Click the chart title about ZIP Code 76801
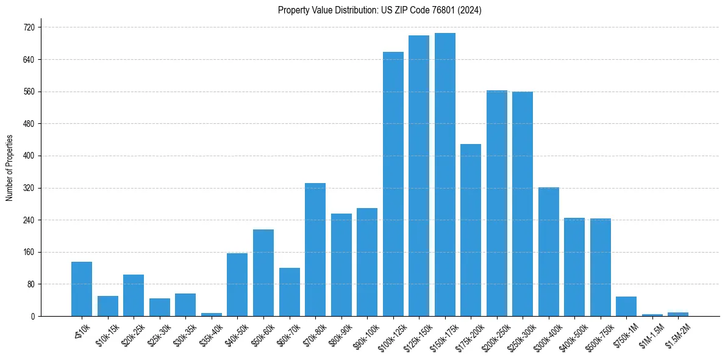point(379,10)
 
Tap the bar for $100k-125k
point(393,184)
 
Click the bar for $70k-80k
point(315,250)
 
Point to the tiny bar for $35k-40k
point(212,314)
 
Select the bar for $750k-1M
point(626,306)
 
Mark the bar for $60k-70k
point(289,292)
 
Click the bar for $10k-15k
point(108,306)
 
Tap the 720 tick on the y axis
point(28,27)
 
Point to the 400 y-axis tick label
point(28,156)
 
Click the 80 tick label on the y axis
point(30,284)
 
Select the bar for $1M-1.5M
point(652,315)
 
